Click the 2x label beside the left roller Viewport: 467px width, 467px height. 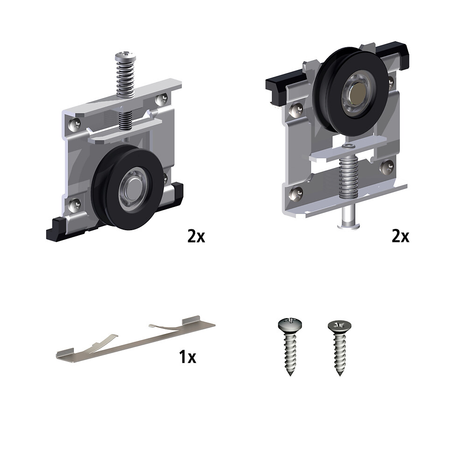(196, 236)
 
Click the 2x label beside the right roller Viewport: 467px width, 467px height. (401, 236)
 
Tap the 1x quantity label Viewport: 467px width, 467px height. (188, 357)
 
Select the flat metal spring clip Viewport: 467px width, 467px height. (135, 339)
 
